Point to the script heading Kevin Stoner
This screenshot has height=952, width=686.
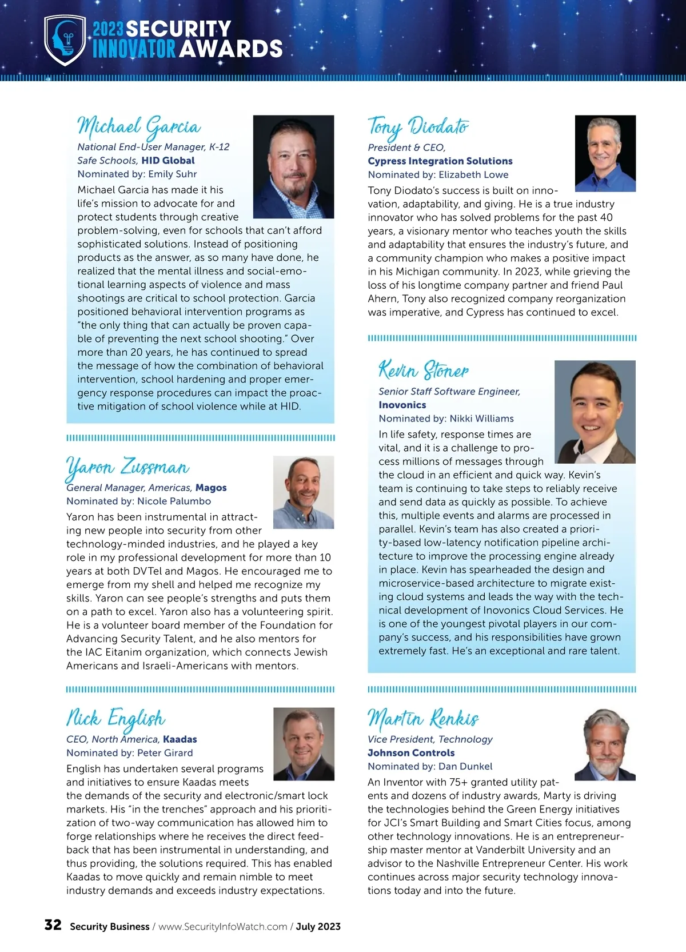pos(424,371)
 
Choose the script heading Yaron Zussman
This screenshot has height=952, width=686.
pos(127,467)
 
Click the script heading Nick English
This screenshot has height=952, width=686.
pos(115,719)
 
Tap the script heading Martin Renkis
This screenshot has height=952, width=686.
pos(423,719)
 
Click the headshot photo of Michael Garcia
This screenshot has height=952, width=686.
pos(293,166)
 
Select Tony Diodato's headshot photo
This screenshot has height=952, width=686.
pos(605,153)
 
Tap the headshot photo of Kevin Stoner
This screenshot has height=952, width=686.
pos(595,412)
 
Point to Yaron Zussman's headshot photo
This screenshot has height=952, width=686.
pos(304,492)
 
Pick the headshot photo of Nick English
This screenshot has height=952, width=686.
pos(304,744)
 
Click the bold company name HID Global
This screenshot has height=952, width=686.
pos(168,161)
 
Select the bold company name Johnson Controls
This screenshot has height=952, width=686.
pos(411,753)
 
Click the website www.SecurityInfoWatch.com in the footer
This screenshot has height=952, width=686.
pos(222,927)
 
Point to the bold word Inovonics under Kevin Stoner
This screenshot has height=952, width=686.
pos(402,405)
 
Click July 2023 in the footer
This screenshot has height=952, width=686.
pos(318,927)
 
